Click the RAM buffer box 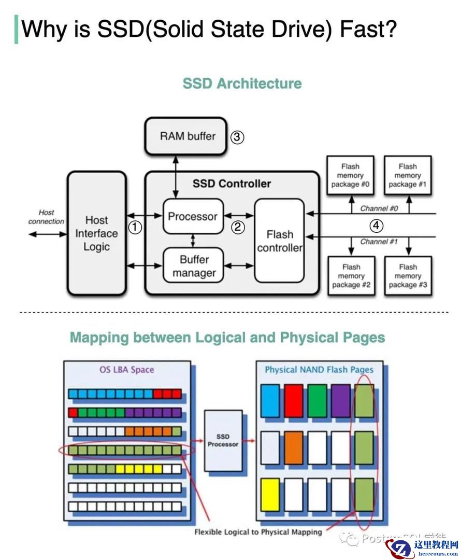[x=186, y=136]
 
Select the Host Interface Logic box [x=96, y=233]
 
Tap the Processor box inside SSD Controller [x=193, y=216]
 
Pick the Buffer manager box [x=194, y=266]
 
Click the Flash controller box [x=280, y=241]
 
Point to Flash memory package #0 [x=350, y=175]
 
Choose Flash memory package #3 [x=408, y=276]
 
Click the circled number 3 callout [x=237, y=137]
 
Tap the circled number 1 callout [x=135, y=227]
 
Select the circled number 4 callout [x=377, y=226]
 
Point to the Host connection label [x=46, y=217]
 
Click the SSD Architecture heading [x=242, y=83]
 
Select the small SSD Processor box [x=223, y=441]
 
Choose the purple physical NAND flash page [x=340, y=401]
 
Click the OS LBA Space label [x=126, y=370]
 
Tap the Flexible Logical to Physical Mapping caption [x=258, y=531]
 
